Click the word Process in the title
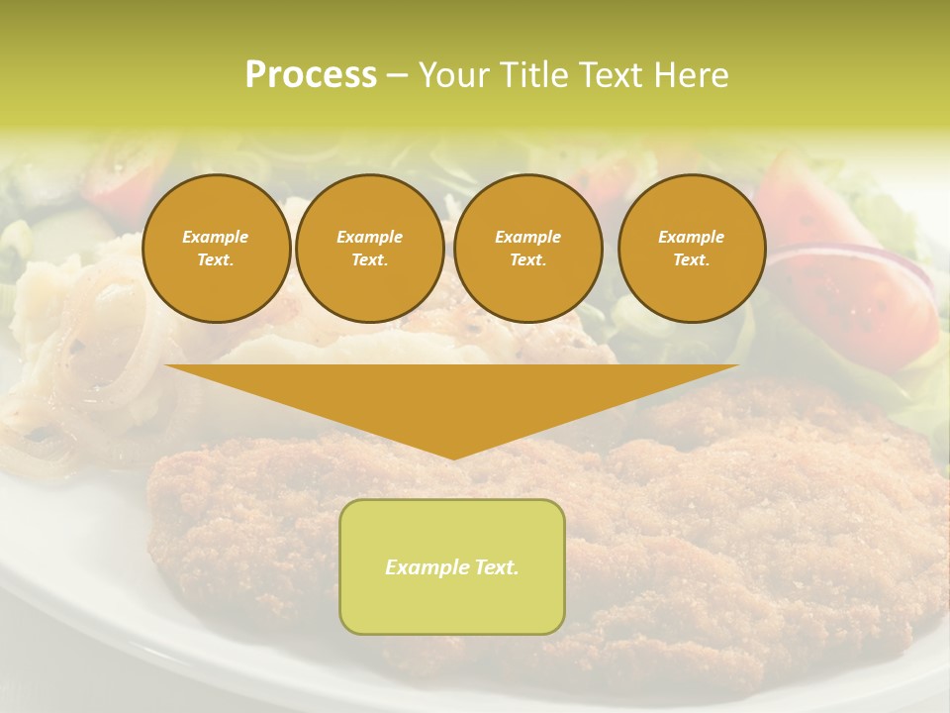pyautogui.click(x=311, y=75)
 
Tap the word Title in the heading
pyautogui.click(x=532, y=75)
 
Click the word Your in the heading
pyautogui.click(x=453, y=75)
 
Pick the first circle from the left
pyautogui.click(x=216, y=248)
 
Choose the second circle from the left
pyautogui.click(x=370, y=248)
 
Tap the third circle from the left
pyautogui.click(x=528, y=248)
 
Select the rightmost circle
pyautogui.click(x=692, y=248)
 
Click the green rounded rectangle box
pyautogui.click(x=452, y=566)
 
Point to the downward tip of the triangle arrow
pyautogui.click(x=453, y=457)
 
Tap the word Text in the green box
pyautogui.click(x=496, y=567)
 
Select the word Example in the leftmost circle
pyautogui.click(x=216, y=237)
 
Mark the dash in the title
pyautogui.click(x=397, y=75)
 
